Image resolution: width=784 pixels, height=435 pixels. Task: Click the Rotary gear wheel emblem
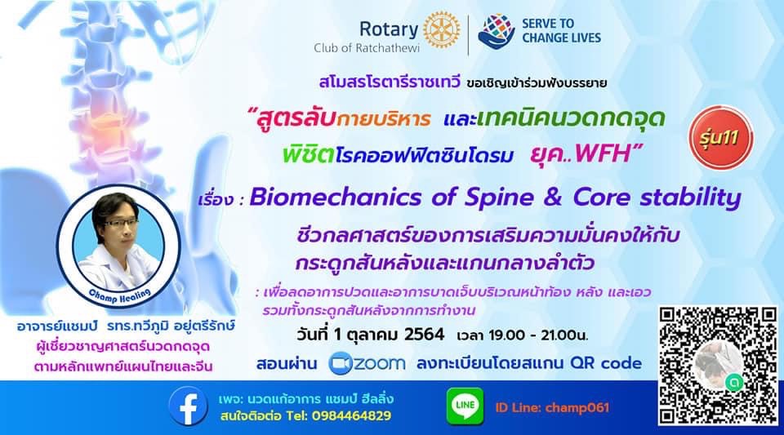coord(442,30)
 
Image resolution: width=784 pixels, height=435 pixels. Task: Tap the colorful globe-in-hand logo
coord(496,32)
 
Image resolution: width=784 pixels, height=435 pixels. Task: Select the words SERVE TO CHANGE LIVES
coord(561,30)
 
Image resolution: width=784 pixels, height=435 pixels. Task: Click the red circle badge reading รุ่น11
coord(720,137)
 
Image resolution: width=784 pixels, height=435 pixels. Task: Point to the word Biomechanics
coord(336,198)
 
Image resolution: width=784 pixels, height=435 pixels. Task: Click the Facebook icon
coord(188,406)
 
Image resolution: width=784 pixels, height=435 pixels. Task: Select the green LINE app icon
coord(465,406)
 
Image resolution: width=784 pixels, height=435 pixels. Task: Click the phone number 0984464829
coord(351,415)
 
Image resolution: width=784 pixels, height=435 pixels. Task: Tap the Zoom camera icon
coord(341,363)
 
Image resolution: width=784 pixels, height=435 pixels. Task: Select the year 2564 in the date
coord(424,334)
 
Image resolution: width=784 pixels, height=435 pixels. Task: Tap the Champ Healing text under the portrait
coord(119,295)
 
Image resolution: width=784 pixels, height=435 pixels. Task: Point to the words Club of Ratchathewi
coord(367,48)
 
